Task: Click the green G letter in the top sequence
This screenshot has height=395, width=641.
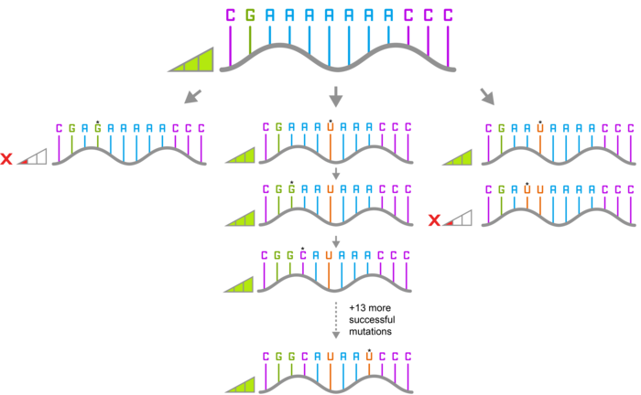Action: point(250,16)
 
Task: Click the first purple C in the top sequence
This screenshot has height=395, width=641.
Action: point(230,16)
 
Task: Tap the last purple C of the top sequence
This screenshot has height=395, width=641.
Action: point(448,16)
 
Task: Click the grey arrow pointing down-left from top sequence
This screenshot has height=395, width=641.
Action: point(192,95)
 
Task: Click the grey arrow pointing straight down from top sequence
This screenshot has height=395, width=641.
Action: point(336,97)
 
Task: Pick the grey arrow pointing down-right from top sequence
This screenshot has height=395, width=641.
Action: point(487,95)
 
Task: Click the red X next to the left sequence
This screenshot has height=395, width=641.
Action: point(6,159)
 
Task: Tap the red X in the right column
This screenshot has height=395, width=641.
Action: point(434,220)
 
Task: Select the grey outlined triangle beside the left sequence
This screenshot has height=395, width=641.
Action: point(34,158)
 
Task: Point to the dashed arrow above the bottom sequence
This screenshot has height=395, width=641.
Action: point(336,320)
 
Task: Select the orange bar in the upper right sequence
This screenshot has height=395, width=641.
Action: point(540,141)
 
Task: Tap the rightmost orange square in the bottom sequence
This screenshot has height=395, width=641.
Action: point(369,357)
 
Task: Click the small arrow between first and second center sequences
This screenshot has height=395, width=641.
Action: point(336,174)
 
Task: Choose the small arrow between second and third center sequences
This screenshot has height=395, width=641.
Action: point(336,241)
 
